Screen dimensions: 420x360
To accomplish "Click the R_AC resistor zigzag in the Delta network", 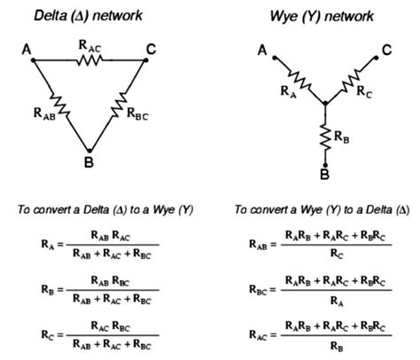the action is point(89,60).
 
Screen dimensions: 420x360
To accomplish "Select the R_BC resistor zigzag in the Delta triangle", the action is point(120,105).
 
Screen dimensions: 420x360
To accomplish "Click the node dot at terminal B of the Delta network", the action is point(89,151).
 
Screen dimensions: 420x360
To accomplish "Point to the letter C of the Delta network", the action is point(151,50).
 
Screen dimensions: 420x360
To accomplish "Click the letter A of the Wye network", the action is point(262,51).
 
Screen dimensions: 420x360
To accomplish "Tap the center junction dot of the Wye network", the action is point(325,104).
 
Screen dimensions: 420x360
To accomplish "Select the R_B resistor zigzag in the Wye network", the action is point(325,137).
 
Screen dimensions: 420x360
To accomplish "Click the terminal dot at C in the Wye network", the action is point(376,58).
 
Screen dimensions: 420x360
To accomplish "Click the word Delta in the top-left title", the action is point(51,16).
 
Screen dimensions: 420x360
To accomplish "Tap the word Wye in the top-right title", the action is point(284,16).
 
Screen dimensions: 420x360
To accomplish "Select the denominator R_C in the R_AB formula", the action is point(337,254).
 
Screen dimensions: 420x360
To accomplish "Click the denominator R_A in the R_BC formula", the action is point(337,301).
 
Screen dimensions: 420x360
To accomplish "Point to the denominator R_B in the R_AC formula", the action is point(337,346).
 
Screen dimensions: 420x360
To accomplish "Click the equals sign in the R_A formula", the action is point(60,245).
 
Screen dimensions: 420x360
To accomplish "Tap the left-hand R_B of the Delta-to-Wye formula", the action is point(48,289).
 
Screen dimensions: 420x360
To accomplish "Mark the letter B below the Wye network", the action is point(324,175).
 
